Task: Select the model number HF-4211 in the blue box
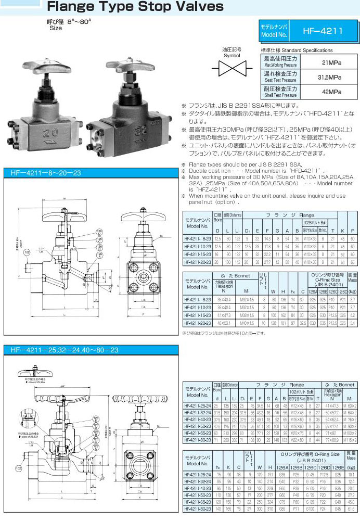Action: pyautogui.click(x=323, y=31)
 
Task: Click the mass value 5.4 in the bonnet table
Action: pyautogui.click(x=353, y=323)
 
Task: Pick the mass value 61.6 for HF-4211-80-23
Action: pyautogui.click(x=352, y=509)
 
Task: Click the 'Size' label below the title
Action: pyautogui.click(x=55, y=28)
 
